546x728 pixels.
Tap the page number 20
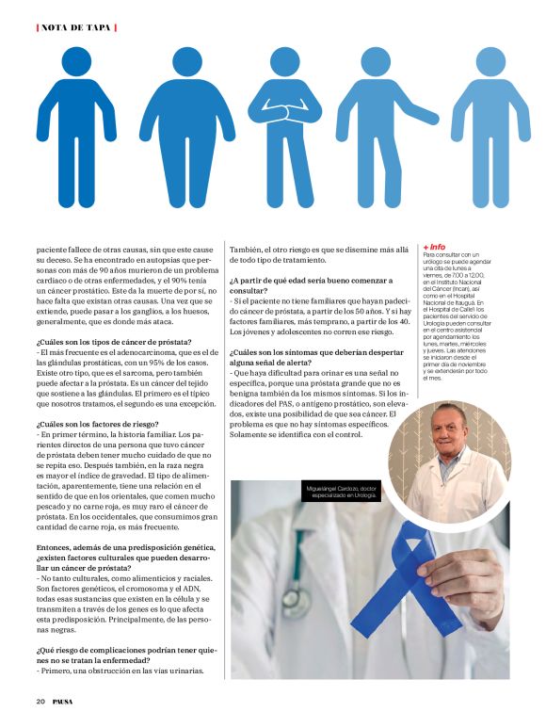(40, 701)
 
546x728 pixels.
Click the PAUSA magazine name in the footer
(63, 701)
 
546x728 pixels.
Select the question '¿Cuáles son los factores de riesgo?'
(97, 425)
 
